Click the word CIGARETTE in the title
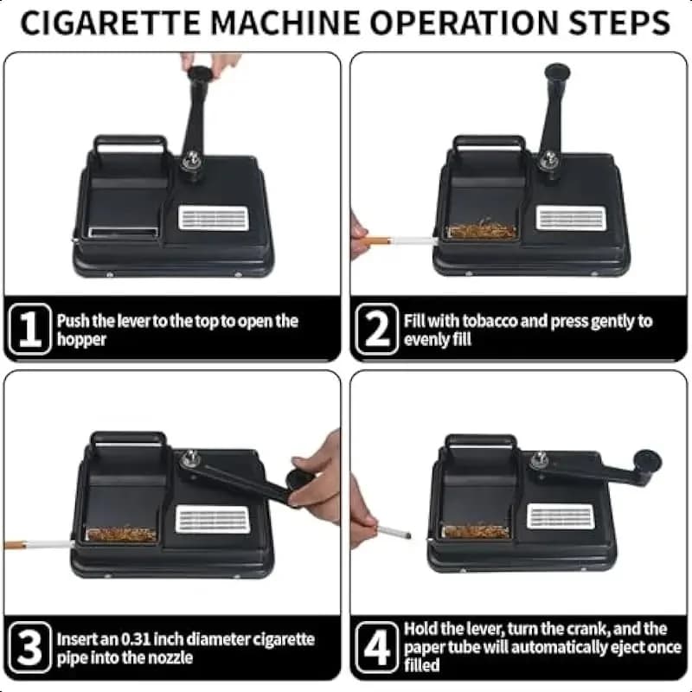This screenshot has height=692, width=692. tap(110, 23)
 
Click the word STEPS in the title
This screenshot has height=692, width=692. tap(619, 23)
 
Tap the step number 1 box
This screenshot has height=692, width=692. tap(30, 330)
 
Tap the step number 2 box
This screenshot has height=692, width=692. tap(377, 330)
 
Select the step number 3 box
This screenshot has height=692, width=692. tap(30, 647)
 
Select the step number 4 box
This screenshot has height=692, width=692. tap(377, 647)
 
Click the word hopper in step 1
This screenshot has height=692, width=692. tap(81, 340)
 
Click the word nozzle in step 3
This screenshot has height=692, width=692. tap(170, 657)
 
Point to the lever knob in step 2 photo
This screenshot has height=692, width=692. tap(557, 73)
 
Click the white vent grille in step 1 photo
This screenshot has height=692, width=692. tap(213, 218)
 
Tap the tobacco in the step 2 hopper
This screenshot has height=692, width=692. tap(482, 230)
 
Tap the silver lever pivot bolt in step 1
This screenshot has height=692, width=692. tap(192, 159)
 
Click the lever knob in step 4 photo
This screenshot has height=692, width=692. tap(647, 462)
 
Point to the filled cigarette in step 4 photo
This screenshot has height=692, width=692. tap(394, 530)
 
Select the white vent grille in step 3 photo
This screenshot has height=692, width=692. tap(213, 520)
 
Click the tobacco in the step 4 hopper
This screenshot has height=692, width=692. tap(476, 531)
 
